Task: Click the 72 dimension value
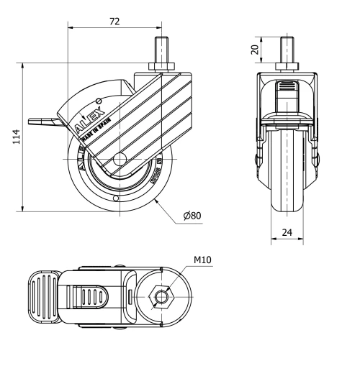coord(114,22)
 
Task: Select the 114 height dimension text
coord(15,137)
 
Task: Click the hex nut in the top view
coord(163,296)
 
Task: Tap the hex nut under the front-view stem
coord(288,67)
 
